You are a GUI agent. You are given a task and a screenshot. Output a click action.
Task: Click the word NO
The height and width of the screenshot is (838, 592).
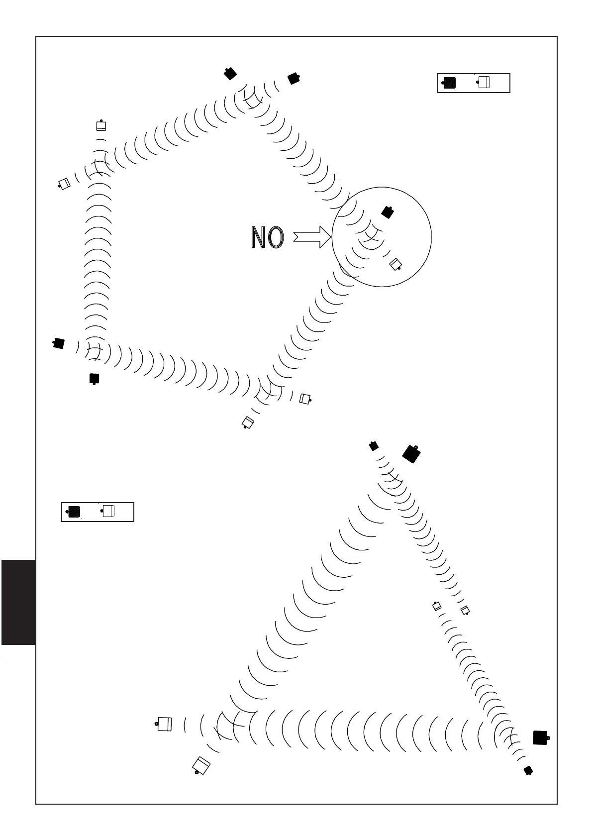pyautogui.click(x=267, y=237)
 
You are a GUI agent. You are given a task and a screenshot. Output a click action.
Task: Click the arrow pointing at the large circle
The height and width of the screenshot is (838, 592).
pyautogui.click(x=312, y=236)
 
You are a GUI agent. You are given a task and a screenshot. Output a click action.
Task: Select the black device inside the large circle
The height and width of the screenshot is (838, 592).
pyautogui.click(x=388, y=212)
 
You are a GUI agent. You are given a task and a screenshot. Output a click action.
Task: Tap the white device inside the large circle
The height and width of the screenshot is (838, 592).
pyautogui.click(x=395, y=264)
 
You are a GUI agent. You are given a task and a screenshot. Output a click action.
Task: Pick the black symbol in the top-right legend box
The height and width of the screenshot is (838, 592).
pyautogui.click(x=450, y=83)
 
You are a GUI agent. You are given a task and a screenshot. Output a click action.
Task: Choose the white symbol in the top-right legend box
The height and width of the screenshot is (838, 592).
pyautogui.click(x=484, y=82)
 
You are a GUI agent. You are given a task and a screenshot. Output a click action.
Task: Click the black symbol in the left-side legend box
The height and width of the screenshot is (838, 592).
pyautogui.click(x=74, y=512)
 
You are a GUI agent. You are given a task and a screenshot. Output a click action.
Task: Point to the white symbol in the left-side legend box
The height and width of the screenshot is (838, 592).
pyautogui.click(x=108, y=511)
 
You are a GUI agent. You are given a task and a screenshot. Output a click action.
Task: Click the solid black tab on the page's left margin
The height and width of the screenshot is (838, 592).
pyautogui.click(x=18, y=602)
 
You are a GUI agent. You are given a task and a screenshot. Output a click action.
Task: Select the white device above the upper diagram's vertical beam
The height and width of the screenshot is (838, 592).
pyautogui.click(x=101, y=126)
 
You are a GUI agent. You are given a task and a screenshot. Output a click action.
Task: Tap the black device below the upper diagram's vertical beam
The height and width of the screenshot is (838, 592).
pyautogui.click(x=94, y=379)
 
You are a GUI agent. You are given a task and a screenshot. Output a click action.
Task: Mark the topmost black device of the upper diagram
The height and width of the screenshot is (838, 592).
pyautogui.click(x=229, y=74)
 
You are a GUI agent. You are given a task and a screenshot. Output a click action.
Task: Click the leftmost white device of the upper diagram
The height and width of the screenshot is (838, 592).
pyautogui.click(x=64, y=184)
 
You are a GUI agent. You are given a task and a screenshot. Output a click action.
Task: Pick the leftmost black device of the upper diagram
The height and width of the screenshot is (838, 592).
pyautogui.click(x=59, y=343)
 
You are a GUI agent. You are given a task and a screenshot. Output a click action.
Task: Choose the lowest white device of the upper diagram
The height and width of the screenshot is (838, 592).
pyautogui.click(x=248, y=423)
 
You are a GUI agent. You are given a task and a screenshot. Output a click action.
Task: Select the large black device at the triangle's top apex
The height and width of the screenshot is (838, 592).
pyautogui.click(x=411, y=453)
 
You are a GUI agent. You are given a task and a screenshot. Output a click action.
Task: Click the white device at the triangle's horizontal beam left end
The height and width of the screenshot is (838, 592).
pyautogui.click(x=164, y=724)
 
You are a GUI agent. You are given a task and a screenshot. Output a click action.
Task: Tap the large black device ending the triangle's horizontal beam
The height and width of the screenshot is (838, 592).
pyautogui.click(x=540, y=737)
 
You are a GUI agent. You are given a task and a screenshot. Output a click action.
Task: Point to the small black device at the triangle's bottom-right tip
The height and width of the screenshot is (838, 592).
pyautogui.click(x=528, y=770)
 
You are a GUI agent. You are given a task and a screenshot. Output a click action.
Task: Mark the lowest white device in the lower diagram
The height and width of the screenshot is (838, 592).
pyautogui.click(x=201, y=766)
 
